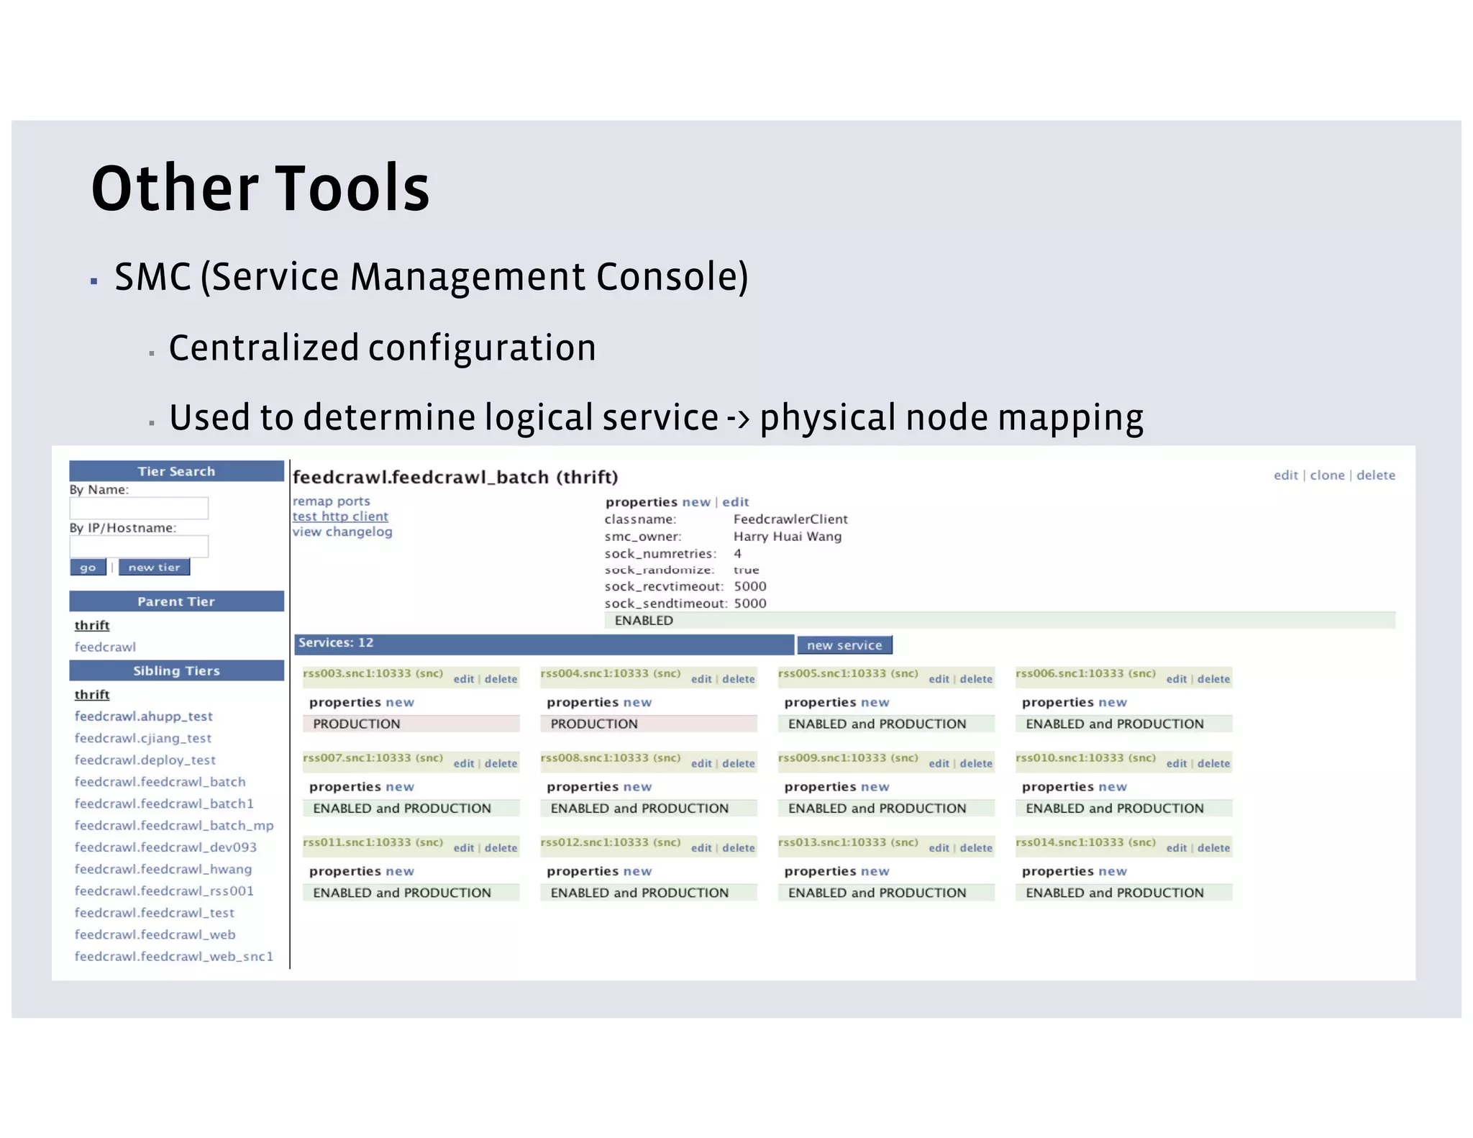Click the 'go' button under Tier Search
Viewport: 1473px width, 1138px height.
pyautogui.click(x=88, y=568)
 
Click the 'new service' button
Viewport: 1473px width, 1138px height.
pyautogui.click(x=844, y=645)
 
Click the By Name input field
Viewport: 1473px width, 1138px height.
pyautogui.click(x=139, y=509)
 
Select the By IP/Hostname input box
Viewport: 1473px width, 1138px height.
pyautogui.click(x=139, y=547)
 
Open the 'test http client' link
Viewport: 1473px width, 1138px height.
pyautogui.click(x=340, y=516)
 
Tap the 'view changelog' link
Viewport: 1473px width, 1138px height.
pyautogui.click(x=342, y=532)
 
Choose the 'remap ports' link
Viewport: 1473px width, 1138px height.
pyautogui.click(x=332, y=501)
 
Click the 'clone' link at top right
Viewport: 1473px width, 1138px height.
pyautogui.click(x=1327, y=475)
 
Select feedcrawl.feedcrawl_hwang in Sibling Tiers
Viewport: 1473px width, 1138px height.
pyautogui.click(x=163, y=869)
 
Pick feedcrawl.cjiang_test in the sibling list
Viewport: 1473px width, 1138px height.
pyautogui.click(x=143, y=738)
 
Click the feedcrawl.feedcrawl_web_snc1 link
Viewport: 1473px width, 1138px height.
pyautogui.click(x=174, y=956)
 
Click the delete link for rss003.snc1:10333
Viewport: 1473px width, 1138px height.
pyautogui.click(x=501, y=679)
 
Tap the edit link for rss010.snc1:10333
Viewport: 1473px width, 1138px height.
pyautogui.click(x=1177, y=764)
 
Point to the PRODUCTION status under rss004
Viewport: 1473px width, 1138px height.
pyautogui.click(x=594, y=724)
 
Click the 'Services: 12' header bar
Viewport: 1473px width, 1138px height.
pyautogui.click(x=544, y=644)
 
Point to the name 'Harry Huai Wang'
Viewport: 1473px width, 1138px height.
pyautogui.click(x=787, y=537)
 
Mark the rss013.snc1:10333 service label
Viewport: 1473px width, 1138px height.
pyautogui.click(x=848, y=842)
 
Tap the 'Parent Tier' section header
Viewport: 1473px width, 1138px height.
pyautogui.click(x=176, y=601)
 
